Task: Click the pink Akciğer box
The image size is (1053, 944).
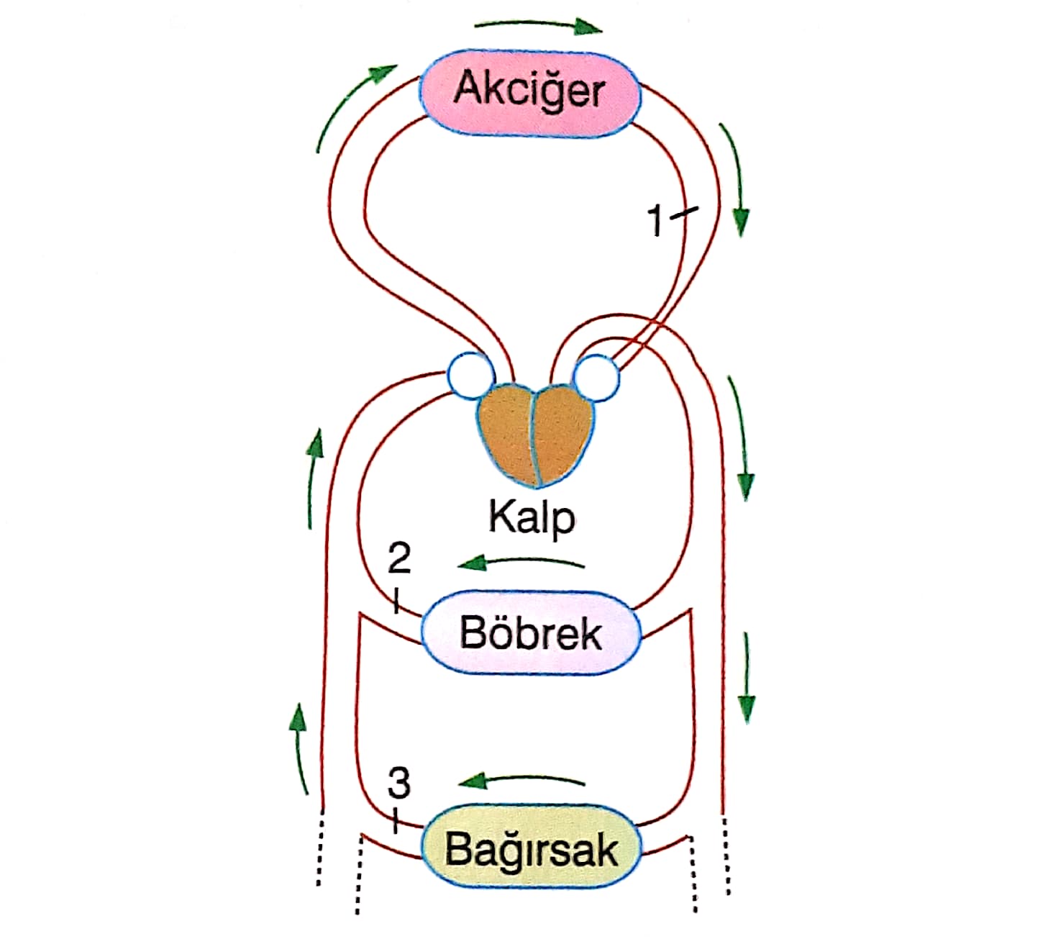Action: click(530, 91)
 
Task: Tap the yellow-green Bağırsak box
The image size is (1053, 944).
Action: click(530, 847)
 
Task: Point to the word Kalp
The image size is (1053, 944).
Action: click(532, 517)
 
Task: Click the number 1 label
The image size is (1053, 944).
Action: click(655, 221)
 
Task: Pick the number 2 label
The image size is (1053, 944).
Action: click(399, 558)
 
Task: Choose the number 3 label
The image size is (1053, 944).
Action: click(398, 783)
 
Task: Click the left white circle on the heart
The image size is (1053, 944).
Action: click(471, 375)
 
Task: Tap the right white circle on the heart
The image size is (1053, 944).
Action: click(596, 376)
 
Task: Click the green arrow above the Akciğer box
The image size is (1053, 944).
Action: click(538, 27)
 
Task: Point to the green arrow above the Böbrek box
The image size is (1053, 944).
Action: click(522, 562)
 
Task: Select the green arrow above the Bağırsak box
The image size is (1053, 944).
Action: click(522, 780)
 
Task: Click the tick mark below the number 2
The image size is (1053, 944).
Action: click(395, 600)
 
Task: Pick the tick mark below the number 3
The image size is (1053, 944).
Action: click(395, 820)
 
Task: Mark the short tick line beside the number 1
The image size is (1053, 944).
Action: click(684, 212)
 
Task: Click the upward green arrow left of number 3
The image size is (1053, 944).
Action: click(299, 748)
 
